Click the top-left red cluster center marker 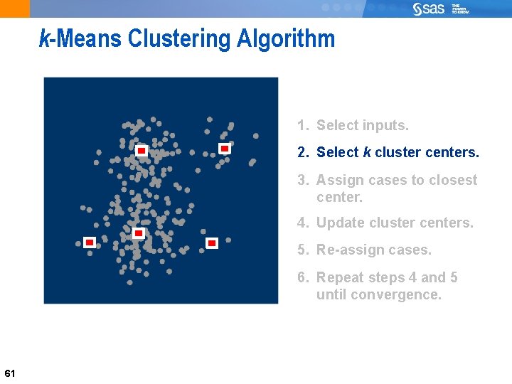[x=142, y=151]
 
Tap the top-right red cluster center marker [x=224, y=149]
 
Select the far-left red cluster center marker [x=90, y=242]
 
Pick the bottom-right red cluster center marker [x=211, y=243]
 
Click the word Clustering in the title [x=179, y=38]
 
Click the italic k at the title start [x=44, y=38]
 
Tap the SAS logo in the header [x=429, y=9]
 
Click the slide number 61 [x=10, y=373]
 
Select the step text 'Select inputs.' [x=362, y=126]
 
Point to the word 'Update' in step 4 [x=338, y=223]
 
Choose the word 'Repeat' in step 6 [x=339, y=277]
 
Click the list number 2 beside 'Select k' [x=302, y=153]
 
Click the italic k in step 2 [x=367, y=153]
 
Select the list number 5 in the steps [x=302, y=250]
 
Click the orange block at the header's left [x=15, y=9]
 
